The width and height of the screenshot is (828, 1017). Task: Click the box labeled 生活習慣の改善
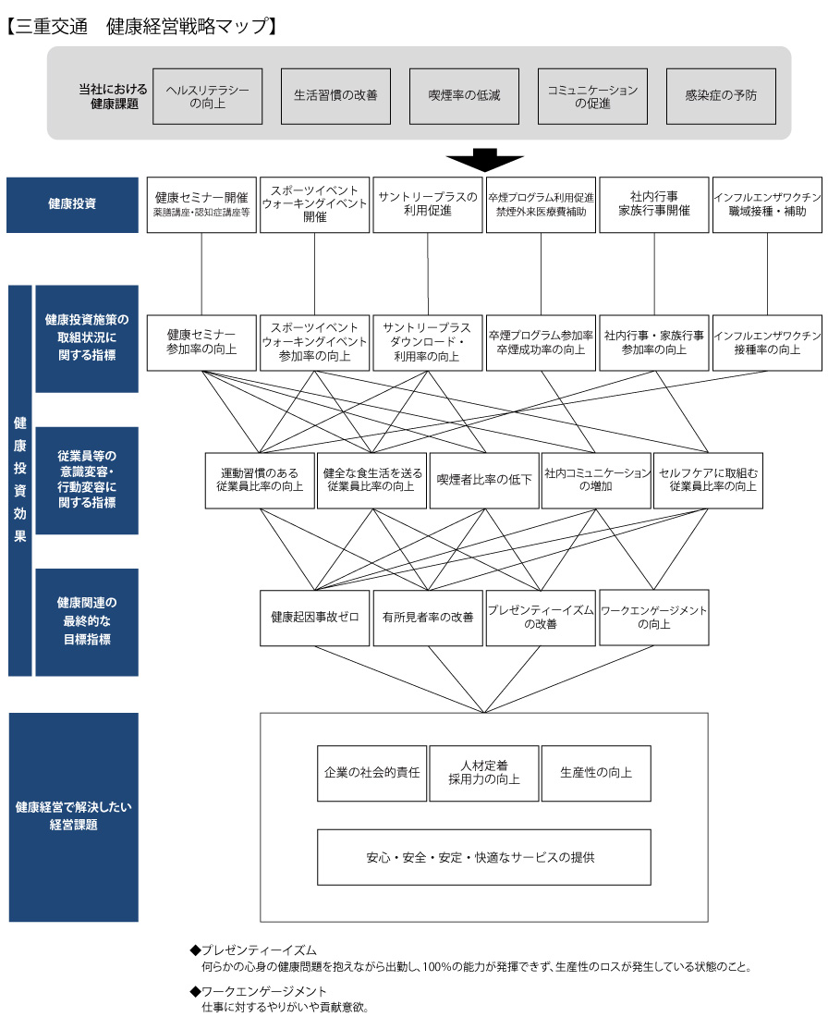coord(335,96)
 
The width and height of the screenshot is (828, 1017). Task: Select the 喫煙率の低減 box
coord(464,96)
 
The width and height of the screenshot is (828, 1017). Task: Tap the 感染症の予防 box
coord(721,96)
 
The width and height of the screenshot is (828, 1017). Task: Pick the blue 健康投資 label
coord(73,204)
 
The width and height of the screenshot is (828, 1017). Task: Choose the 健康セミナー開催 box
coord(201,204)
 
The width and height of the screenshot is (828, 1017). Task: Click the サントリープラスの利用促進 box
coord(428,204)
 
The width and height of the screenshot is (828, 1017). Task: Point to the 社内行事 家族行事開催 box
coord(654,204)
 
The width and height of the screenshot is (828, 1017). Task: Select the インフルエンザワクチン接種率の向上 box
coord(767,342)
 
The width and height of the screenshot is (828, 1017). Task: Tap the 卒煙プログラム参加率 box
coord(541,342)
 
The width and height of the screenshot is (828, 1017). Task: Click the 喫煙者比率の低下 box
coord(484,480)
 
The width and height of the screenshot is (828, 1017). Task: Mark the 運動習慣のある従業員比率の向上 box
coord(260,480)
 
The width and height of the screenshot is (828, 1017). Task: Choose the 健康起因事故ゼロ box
coord(314,618)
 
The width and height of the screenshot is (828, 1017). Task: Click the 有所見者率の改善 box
coord(428,618)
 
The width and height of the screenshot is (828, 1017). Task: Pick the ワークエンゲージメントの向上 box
coord(654,618)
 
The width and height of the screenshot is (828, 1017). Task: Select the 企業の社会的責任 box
coord(372,773)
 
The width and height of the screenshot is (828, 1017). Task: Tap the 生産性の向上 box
coord(596,773)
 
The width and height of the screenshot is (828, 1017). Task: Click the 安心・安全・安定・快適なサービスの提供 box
coord(483,857)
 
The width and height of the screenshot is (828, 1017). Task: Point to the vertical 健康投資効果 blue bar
coord(20,481)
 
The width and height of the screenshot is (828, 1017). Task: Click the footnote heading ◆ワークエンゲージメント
coord(258,991)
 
